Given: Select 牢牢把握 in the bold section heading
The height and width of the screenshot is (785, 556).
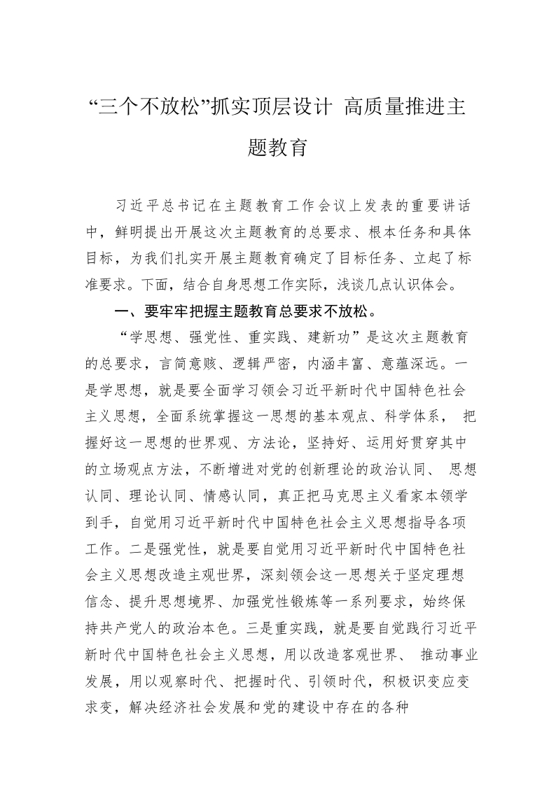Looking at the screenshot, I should pyautogui.click(x=186, y=311).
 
